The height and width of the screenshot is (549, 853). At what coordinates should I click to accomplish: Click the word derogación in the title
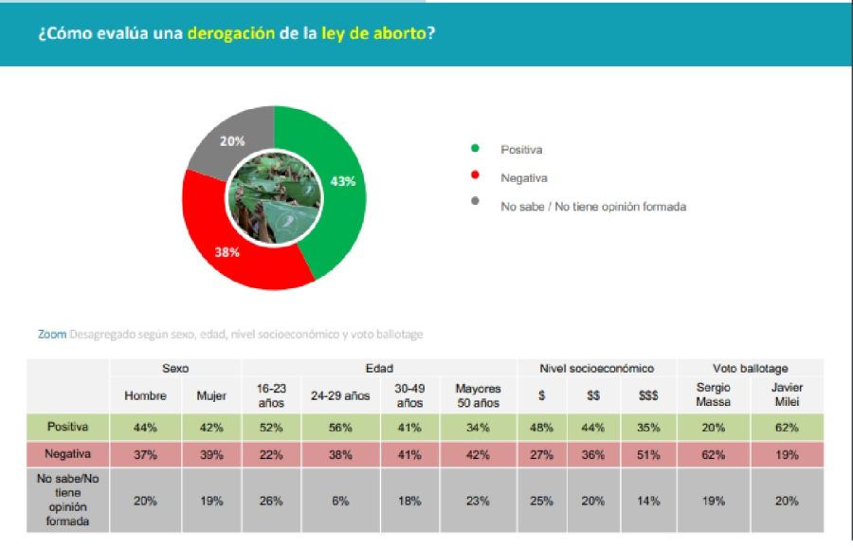coord(231,34)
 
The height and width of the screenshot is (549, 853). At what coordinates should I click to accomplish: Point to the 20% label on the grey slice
coord(232,141)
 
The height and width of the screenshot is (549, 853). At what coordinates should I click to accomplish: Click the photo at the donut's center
coord(274,198)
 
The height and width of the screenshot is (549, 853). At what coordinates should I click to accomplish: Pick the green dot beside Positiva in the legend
coord(475,148)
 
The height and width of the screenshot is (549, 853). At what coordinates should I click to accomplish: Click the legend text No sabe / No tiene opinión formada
coord(593,207)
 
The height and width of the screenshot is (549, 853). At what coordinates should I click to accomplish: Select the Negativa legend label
coord(524,178)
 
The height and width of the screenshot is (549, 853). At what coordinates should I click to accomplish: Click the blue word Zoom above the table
coord(52,334)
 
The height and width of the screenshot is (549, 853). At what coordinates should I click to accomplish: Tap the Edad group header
coord(379,368)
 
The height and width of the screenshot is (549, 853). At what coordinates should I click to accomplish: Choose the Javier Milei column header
coord(787,394)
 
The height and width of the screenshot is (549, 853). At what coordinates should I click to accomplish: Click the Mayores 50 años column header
coord(478,395)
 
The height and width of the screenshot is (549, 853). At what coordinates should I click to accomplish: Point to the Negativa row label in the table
coord(67,454)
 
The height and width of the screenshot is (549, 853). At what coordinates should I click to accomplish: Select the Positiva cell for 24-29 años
coord(340,428)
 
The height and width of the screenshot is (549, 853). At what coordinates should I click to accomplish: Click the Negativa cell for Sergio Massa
coord(713,454)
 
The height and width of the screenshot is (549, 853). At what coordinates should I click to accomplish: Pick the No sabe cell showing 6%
coord(340,501)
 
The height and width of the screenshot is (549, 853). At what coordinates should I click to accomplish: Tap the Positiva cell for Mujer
coord(211,428)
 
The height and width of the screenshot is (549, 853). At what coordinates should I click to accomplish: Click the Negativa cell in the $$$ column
coord(648,454)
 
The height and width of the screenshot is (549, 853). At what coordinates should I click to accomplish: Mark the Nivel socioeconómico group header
coord(597,368)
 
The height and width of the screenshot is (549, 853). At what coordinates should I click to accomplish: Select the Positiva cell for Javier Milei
coord(787,428)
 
